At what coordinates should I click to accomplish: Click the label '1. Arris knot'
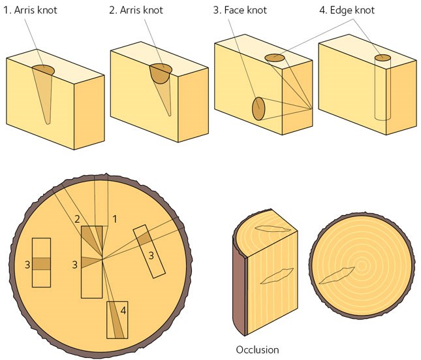tap(31, 10)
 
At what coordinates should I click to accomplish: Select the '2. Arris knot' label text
tap(136, 10)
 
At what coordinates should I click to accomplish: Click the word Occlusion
tap(257, 350)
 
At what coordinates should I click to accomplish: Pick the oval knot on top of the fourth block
tap(382, 59)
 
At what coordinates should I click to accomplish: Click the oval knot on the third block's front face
tap(258, 108)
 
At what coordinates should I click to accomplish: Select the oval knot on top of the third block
tap(275, 58)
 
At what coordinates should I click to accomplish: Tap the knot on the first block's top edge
tap(43, 69)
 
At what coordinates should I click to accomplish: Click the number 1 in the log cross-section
tap(114, 219)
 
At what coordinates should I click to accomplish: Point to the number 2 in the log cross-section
tap(77, 219)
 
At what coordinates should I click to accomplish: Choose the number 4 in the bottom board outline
tap(123, 310)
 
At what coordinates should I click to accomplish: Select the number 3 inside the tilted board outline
tap(151, 255)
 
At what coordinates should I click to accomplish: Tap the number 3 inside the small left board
tap(27, 264)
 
